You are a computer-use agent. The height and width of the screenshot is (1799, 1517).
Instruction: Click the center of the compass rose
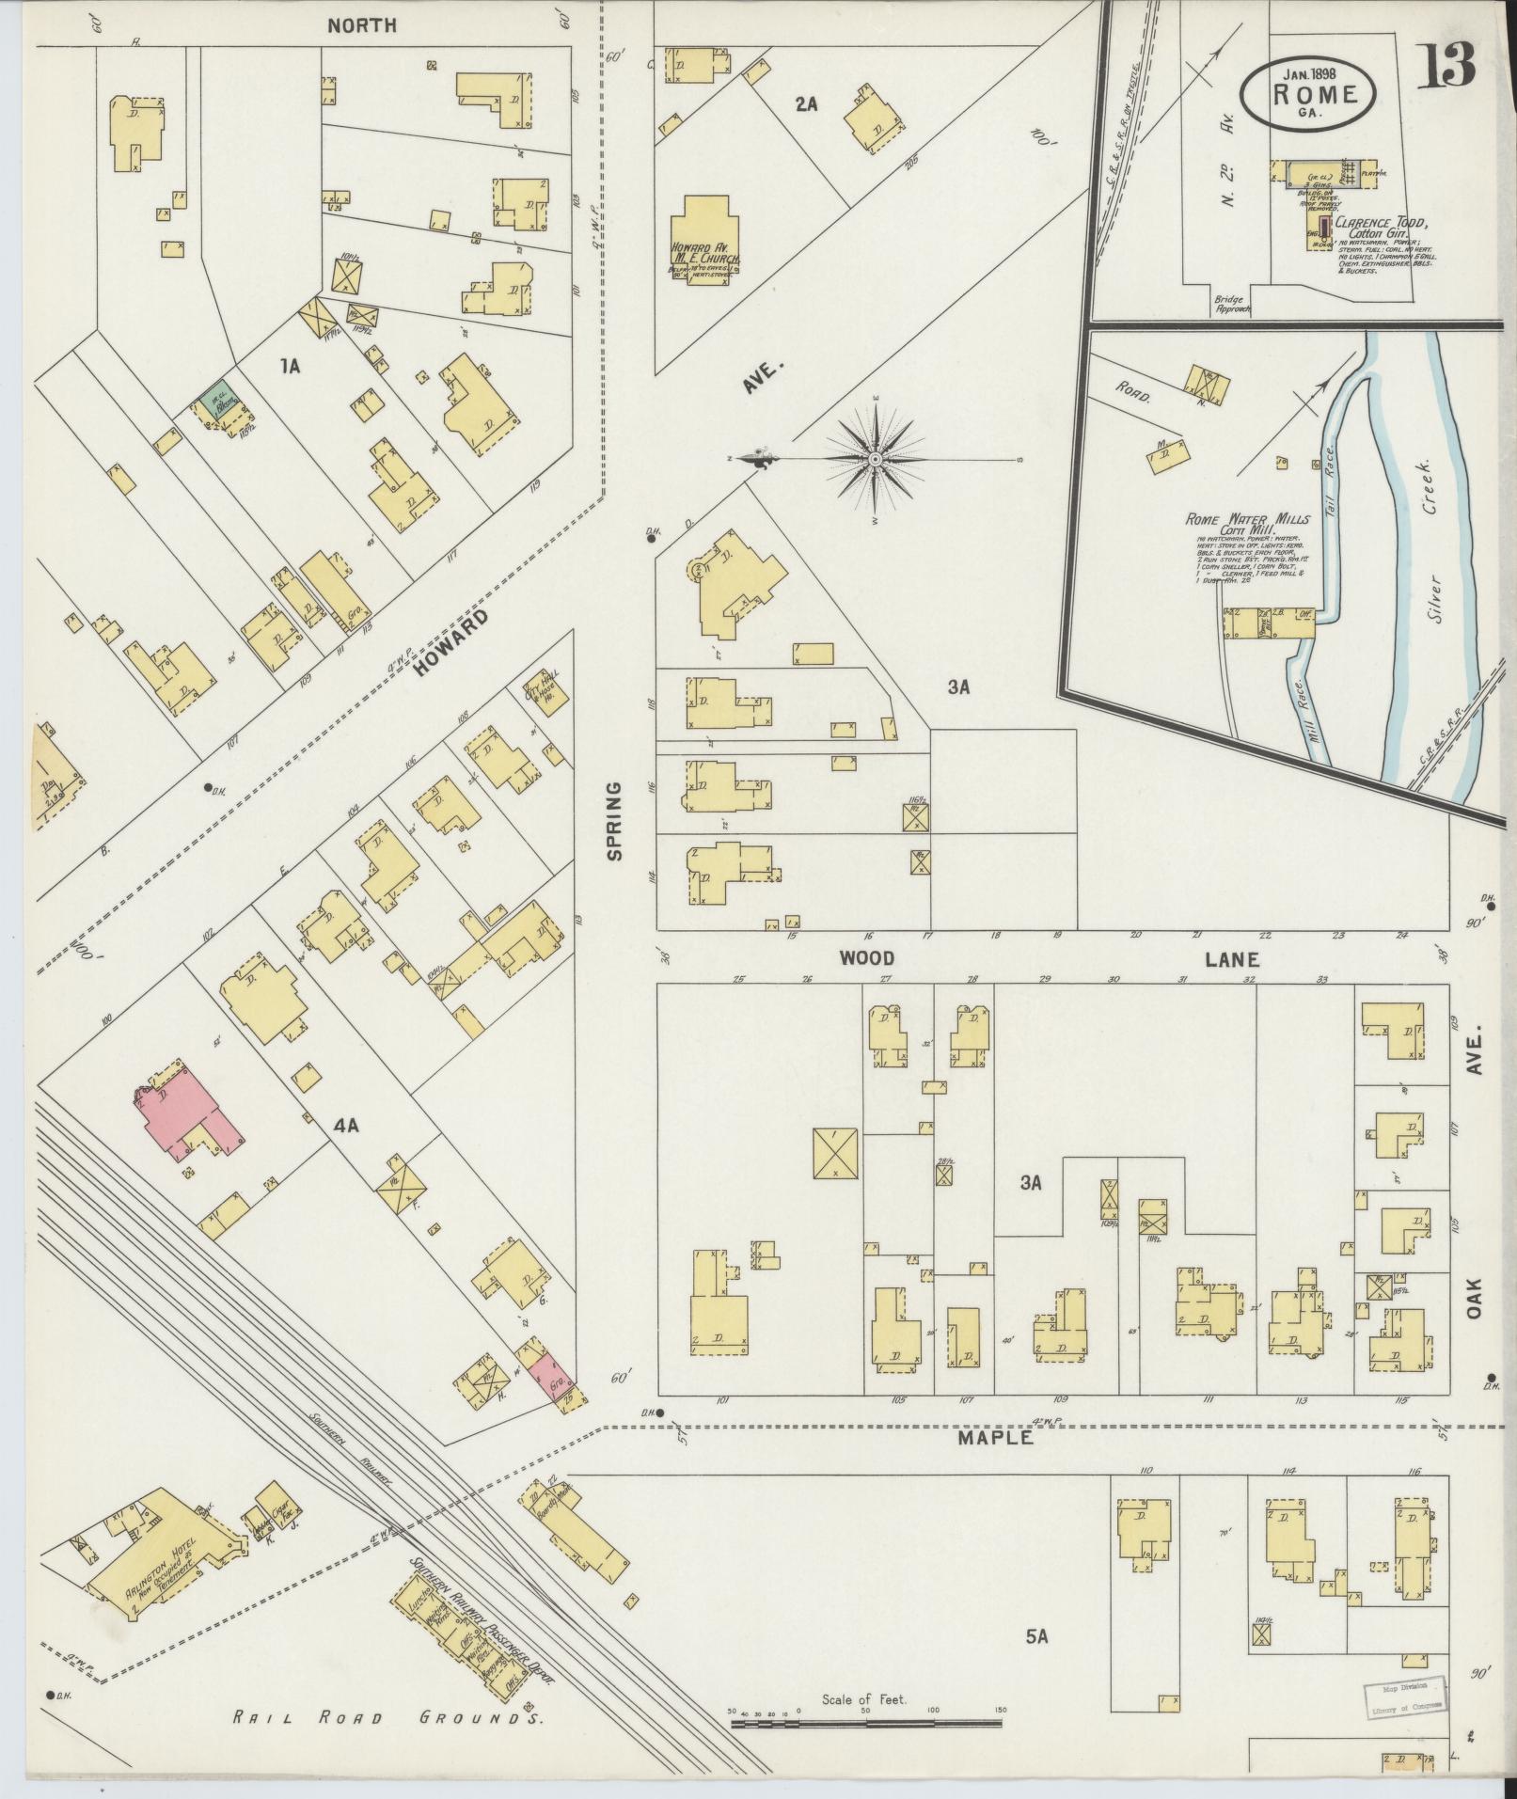(x=876, y=459)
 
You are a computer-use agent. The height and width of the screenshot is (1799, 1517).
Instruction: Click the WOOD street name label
(x=866, y=958)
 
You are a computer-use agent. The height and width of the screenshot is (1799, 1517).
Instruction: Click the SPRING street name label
(x=614, y=820)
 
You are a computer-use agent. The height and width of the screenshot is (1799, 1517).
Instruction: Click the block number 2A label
(x=805, y=105)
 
